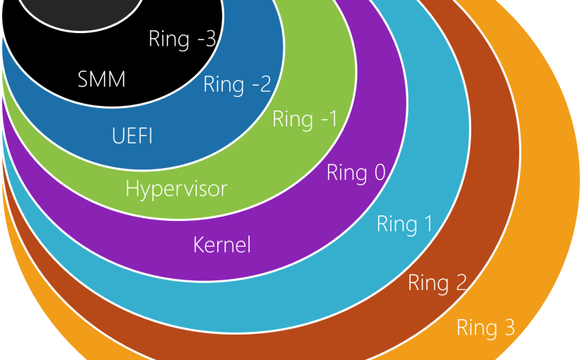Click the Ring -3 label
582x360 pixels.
click(x=182, y=39)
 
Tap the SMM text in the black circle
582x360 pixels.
click(x=102, y=80)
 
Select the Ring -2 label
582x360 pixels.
click(x=237, y=85)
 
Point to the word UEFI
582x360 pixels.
click(x=132, y=136)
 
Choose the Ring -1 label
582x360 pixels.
click(x=304, y=119)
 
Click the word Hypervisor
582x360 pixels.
click(x=176, y=189)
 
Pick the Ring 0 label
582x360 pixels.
click(x=356, y=173)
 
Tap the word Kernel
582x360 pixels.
click(x=222, y=246)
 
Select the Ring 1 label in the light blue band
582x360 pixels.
click(x=404, y=224)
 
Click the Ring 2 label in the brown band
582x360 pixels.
click(x=437, y=283)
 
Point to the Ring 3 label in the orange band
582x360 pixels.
click(x=485, y=328)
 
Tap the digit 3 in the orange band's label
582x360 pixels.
click(x=508, y=328)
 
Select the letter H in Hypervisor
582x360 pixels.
click(x=132, y=188)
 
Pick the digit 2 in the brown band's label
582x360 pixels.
click(x=460, y=283)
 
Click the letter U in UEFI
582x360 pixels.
click(x=118, y=136)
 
